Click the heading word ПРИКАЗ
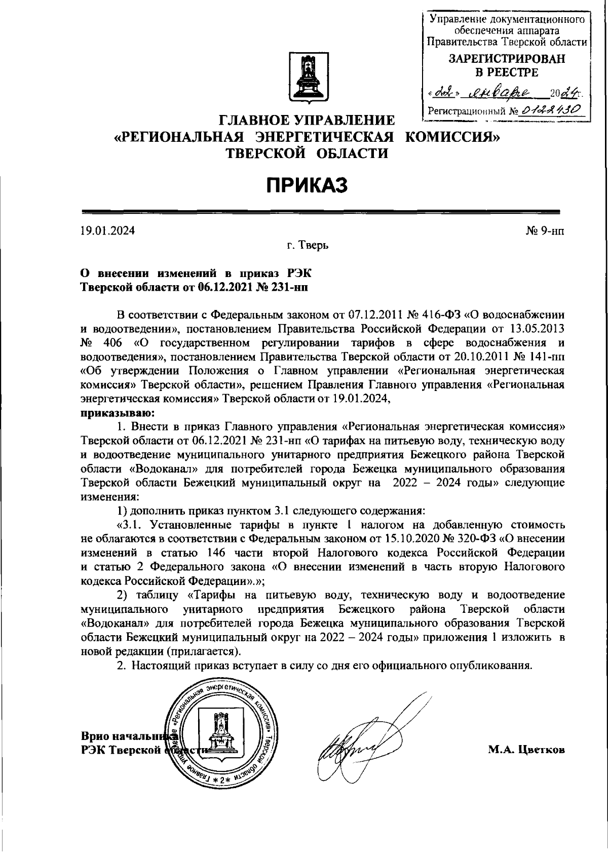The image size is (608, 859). click(308, 185)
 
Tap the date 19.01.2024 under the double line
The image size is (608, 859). click(107, 231)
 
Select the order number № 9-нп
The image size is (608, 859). click(545, 231)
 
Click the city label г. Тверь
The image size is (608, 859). click(308, 246)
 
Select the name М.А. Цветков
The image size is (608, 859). click(526, 750)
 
